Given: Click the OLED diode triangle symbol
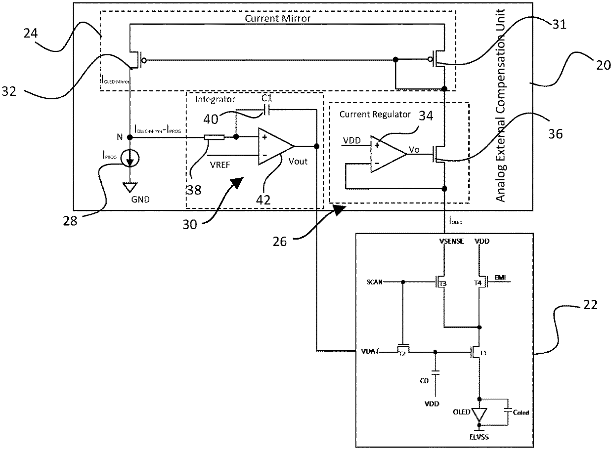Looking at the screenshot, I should (478, 415).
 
